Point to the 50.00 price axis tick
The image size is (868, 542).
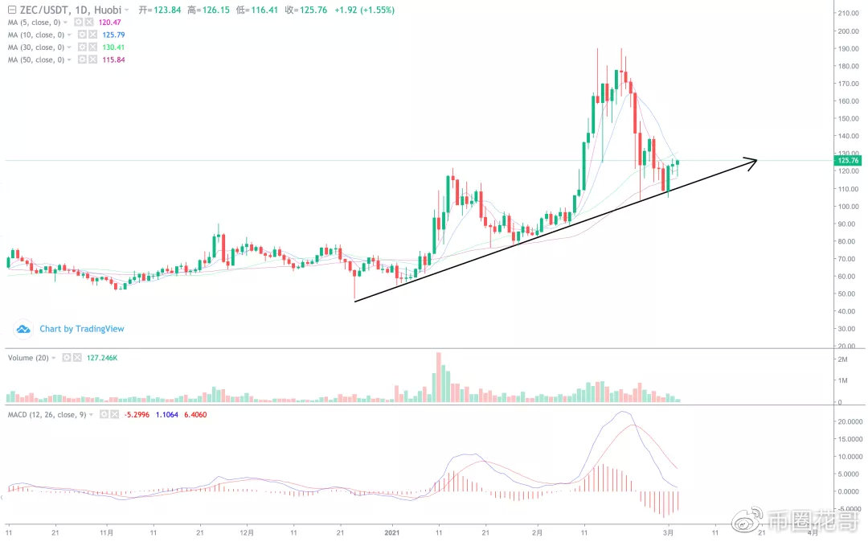[x=847, y=294]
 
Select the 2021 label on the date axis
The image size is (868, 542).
[x=392, y=532]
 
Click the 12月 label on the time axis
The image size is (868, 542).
[x=247, y=532]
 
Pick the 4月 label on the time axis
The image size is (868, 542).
[x=813, y=532]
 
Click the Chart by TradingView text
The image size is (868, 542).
[x=82, y=329]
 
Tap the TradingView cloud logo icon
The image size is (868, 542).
[x=23, y=329]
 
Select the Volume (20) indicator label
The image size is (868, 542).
[x=29, y=357]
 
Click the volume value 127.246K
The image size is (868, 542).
[x=104, y=357]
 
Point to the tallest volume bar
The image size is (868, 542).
[x=439, y=377]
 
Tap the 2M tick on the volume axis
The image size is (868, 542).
[x=843, y=358]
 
